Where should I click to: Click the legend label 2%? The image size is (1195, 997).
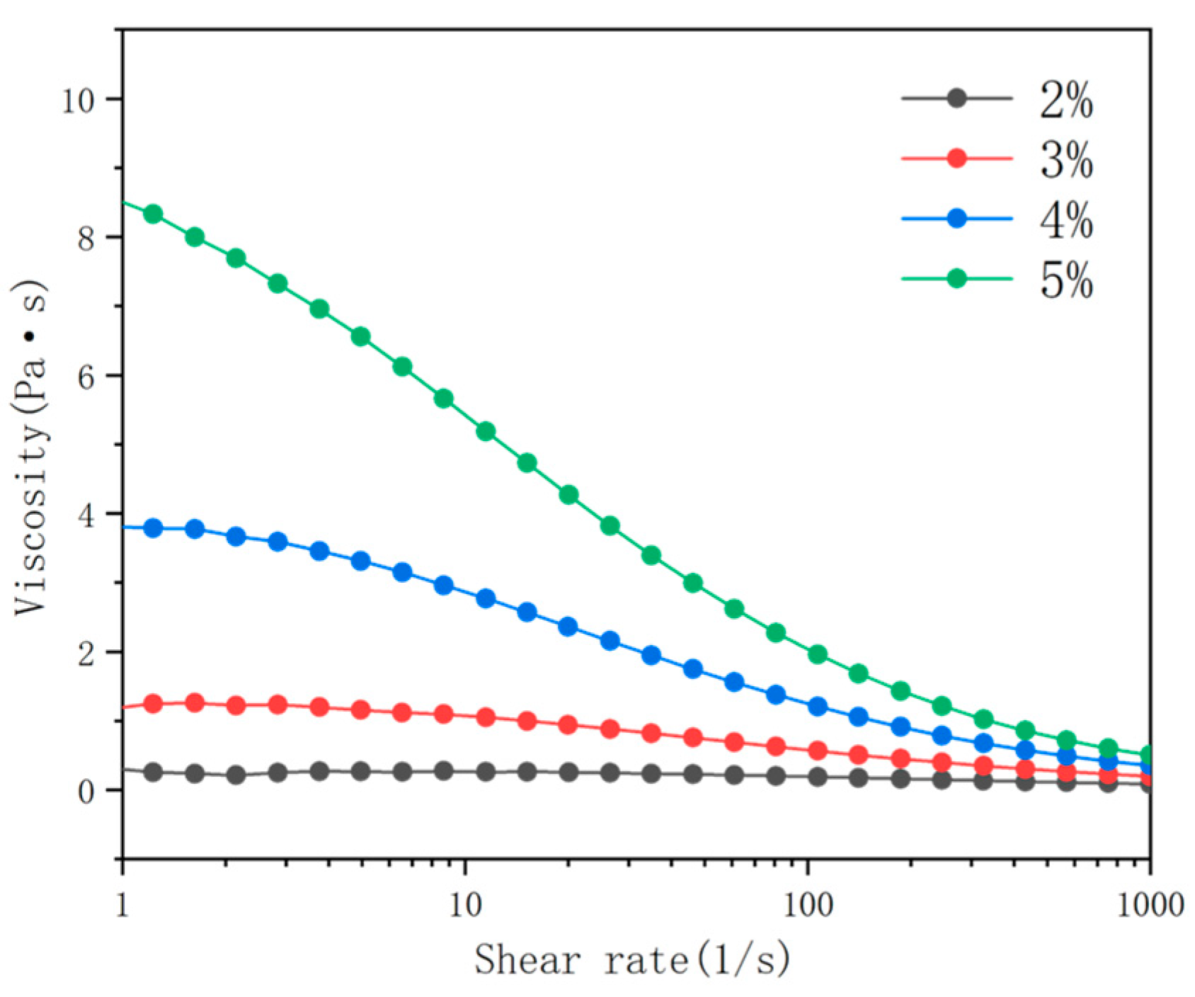[1066, 100]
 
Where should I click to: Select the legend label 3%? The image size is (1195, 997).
[1066, 159]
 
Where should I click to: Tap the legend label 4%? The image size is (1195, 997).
[1066, 220]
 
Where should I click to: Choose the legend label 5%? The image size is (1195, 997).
[1066, 280]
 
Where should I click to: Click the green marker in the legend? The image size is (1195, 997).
[956, 278]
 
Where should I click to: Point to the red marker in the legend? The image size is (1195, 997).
[956, 158]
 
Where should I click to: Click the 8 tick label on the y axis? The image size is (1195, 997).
[86, 239]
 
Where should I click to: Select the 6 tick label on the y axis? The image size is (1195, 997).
[86, 377]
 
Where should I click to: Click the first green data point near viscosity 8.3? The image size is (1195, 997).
[153, 214]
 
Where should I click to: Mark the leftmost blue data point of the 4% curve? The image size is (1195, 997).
[153, 528]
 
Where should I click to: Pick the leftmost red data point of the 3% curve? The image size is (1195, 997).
[153, 704]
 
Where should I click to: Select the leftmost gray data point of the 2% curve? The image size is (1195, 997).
[153, 773]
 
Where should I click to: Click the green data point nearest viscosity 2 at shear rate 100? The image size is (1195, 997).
[817, 654]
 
